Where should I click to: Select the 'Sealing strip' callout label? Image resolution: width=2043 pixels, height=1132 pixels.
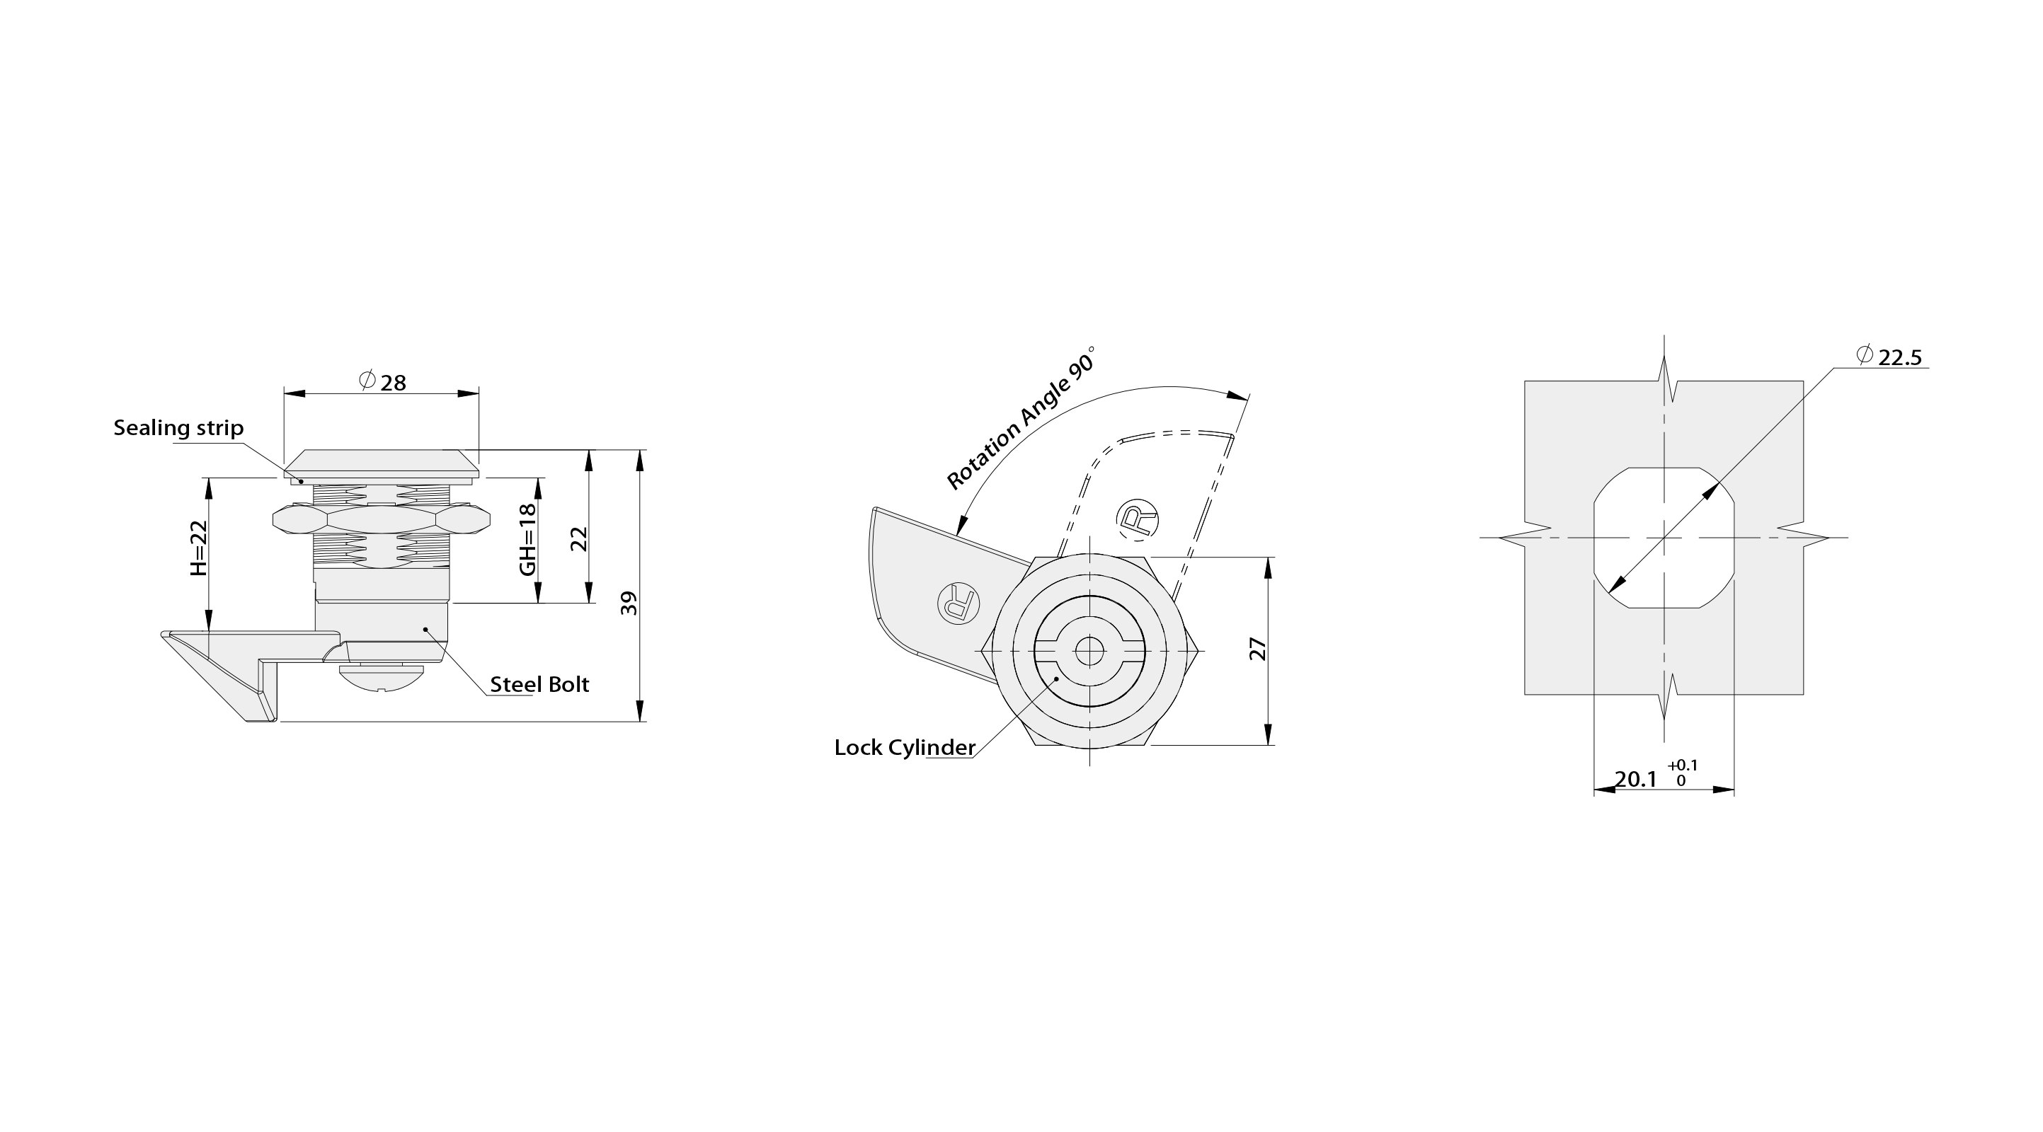(178, 428)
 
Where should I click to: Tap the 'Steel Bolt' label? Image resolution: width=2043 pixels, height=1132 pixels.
(539, 684)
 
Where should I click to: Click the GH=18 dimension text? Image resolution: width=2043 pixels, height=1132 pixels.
(527, 540)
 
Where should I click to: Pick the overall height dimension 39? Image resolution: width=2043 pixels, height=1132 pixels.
(628, 603)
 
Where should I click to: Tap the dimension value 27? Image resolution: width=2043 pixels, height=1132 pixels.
(1258, 649)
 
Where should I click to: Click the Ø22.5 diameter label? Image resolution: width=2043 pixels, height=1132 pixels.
(1889, 357)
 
